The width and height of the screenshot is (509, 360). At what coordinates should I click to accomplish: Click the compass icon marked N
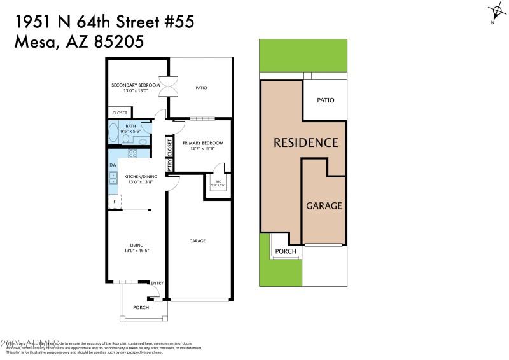click(x=496, y=12)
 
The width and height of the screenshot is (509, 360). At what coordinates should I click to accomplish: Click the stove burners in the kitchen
click(x=133, y=153)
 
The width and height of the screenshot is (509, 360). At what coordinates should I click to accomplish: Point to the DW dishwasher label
click(x=113, y=165)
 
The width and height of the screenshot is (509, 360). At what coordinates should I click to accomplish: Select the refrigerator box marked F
click(x=115, y=202)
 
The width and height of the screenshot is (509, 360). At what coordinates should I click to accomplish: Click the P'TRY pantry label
click(x=169, y=165)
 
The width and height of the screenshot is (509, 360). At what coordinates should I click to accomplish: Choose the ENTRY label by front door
click(x=157, y=284)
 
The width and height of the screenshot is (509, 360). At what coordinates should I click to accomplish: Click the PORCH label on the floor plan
click(x=141, y=307)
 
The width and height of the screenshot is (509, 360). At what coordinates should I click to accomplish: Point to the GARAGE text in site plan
click(x=324, y=206)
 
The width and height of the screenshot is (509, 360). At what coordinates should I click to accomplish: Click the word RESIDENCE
click(x=305, y=142)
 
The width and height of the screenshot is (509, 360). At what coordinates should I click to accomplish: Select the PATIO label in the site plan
click(x=325, y=100)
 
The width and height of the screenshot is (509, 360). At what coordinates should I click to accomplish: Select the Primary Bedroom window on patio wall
click(x=203, y=118)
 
